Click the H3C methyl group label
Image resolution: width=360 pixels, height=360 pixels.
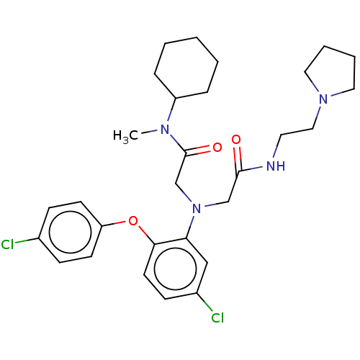[125, 136]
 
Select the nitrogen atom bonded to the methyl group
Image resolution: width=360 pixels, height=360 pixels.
[165, 130]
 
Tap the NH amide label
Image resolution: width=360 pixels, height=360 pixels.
[276, 166]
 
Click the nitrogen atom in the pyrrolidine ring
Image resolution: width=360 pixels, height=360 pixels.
[323, 99]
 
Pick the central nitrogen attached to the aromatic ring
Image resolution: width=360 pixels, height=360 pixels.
[197, 208]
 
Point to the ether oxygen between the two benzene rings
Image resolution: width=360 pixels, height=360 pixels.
[133, 221]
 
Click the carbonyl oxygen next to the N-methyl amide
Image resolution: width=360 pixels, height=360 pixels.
[217, 148]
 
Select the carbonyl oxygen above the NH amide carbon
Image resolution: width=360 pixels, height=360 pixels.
[236, 140]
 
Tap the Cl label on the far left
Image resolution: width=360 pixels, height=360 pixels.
[7, 245]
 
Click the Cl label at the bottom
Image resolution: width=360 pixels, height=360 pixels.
[217, 318]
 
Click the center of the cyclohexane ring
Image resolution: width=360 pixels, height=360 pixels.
[186, 68]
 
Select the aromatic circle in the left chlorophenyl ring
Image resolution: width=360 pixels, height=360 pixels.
[71, 232]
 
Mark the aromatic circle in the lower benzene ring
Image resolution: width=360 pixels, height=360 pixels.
[176, 269]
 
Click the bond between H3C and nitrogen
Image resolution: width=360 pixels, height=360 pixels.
[149, 132]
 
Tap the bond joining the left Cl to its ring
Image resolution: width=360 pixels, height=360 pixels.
[27, 240]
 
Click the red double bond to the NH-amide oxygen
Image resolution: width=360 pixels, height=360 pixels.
[238, 159]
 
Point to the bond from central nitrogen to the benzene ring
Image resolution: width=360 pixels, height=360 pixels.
[190, 227]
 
